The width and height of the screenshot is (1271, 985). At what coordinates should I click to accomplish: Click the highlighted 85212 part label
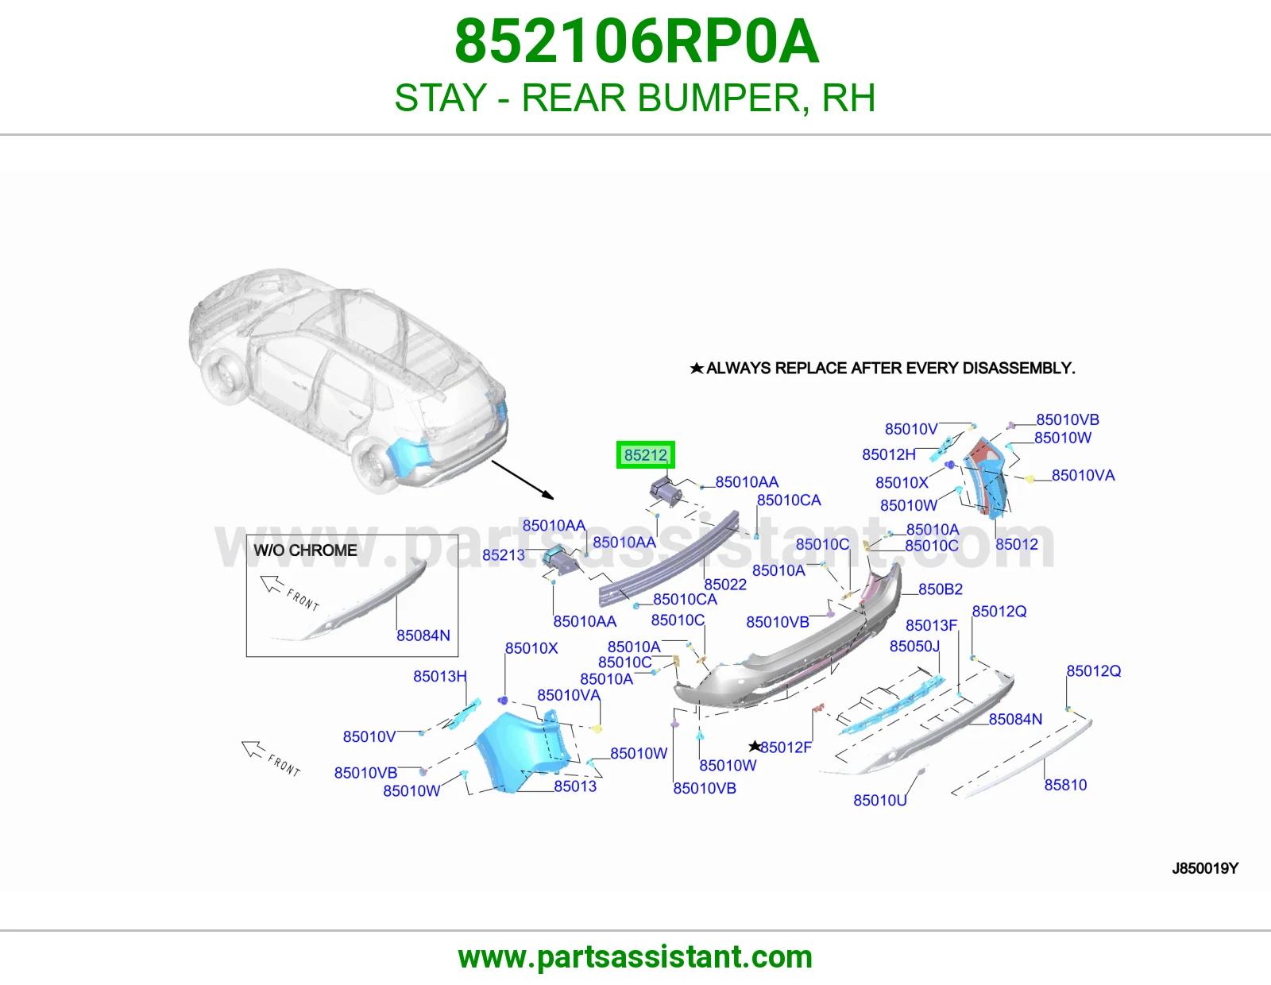pyautogui.click(x=645, y=455)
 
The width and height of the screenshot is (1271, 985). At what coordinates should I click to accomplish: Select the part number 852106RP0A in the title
pyautogui.click(x=636, y=41)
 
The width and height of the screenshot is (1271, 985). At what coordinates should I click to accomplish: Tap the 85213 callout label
pyautogui.click(x=503, y=555)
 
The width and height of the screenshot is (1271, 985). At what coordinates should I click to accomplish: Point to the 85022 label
pyautogui.click(x=724, y=585)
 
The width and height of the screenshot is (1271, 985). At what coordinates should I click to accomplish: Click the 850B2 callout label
pyautogui.click(x=940, y=589)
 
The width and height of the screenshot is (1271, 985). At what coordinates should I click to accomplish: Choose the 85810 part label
pyautogui.click(x=1065, y=785)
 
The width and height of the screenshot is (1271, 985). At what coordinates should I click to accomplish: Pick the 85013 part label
pyautogui.click(x=575, y=786)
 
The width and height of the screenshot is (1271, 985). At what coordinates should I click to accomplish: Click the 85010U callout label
pyautogui.click(x=879, y=800)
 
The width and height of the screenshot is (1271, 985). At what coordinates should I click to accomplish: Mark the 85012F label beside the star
pyautogui.click(x=786, y=747)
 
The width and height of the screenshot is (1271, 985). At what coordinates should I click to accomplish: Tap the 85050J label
pyautogui.click(x=914, y=646)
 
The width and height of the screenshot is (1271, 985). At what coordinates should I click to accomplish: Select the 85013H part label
pyautogui.click(x=440, y=676)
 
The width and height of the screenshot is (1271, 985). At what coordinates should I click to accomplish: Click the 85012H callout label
pyautogui.click(x=888, y=454)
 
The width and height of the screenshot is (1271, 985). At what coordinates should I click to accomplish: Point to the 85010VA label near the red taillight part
pyautogui.click(x=1083, y=476)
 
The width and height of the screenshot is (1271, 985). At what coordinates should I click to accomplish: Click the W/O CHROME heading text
pyautogui.click(x=305, y=550)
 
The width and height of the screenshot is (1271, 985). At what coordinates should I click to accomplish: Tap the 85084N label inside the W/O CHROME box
pyautogui.click(x=423, y=635)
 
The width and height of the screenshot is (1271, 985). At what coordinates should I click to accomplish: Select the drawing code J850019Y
pyautogui.click(x=1205, y=868)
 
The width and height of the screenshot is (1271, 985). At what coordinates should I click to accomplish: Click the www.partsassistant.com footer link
pyautogui.click(x=635, y=957)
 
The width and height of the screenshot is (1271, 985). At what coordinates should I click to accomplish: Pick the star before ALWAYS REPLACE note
pyautogui.click(x=696, y=368)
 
